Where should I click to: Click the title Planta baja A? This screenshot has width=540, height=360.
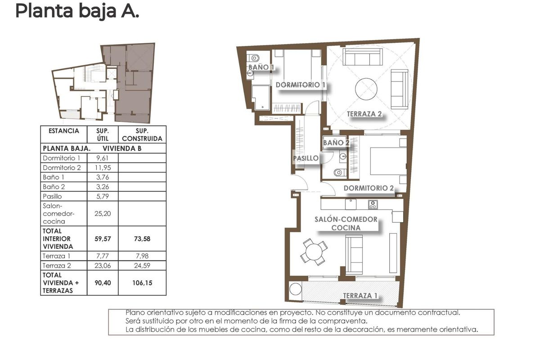tap(77, 11)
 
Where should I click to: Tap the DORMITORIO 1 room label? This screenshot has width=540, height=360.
tap(300, 85)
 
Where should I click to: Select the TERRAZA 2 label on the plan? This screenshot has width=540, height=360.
tap(364, 114)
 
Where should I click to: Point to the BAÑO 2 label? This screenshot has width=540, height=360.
tap(336, 143)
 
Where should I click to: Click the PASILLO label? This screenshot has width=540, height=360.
tap(306, 158)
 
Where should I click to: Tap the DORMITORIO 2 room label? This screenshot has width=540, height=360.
tap(369, 188)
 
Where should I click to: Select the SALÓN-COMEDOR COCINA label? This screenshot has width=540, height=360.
tap(346, 223)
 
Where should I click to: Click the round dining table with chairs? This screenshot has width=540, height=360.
tap(314, 251)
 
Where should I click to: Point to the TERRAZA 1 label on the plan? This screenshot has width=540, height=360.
tap(360, 296)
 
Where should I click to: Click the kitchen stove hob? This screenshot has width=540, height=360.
tap(373, 204)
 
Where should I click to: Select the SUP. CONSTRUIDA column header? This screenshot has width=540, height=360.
tap(142, 135)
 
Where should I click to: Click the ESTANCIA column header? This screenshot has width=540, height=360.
tap(60, 131)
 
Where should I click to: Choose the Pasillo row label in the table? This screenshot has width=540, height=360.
tap(52, 196)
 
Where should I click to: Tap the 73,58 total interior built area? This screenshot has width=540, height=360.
tap(142, 239)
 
